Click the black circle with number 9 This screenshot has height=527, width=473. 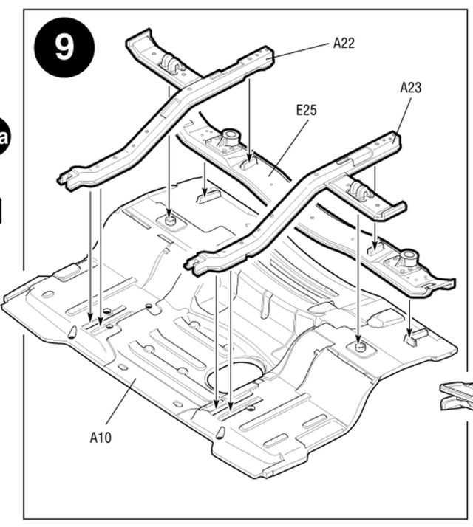[x=64, y=46]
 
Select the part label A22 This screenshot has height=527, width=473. [x=343, y=43]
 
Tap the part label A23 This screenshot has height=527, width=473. [x=410, y=87]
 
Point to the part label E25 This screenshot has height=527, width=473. [x=305, y=110]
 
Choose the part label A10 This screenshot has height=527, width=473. [x=101, y=437]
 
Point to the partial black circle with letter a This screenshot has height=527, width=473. [x=5, y=137]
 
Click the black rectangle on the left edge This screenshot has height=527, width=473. [x=4, y=210]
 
